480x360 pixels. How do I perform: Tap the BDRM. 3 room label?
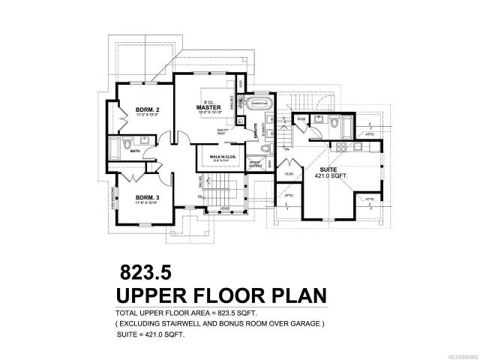(145, 196)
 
